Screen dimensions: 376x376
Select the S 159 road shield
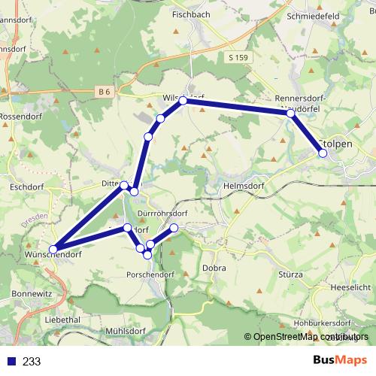click(x=238, y=57)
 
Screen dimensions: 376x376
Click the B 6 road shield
click(x=105, y=92)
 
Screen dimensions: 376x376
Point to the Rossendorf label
click(x=23, y=117)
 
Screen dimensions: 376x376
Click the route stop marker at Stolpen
click(x=323, y=153)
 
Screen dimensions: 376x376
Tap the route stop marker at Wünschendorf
click(x=53, y=249)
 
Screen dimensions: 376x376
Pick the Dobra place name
click(x=214, y=267)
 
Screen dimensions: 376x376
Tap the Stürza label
click(x=290, y=274)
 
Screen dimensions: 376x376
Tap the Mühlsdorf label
click(x=124, y=330)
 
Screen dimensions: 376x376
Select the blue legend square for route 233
click(x=11, y=361)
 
